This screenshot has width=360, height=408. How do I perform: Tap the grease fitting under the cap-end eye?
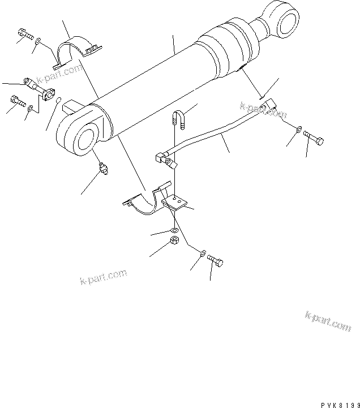click(104, 169)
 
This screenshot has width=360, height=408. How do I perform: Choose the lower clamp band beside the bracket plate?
click(144, 200)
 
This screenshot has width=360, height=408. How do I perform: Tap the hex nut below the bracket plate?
click(175, 243)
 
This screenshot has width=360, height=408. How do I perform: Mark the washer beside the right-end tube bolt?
click(298, 130)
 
